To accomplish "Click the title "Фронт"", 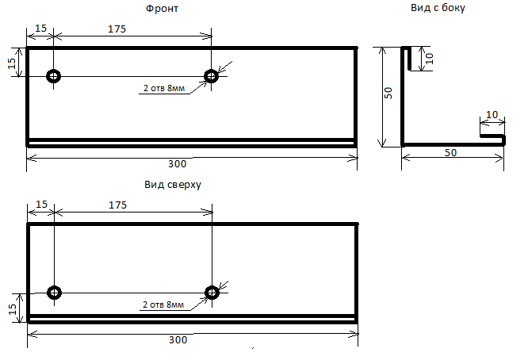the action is [162, 9].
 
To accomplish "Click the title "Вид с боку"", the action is [438, 8].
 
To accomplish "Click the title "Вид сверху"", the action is [173, 185].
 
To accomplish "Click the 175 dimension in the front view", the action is [117, 29].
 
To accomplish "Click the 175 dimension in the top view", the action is [117, 205].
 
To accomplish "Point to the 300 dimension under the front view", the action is [177, 164].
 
